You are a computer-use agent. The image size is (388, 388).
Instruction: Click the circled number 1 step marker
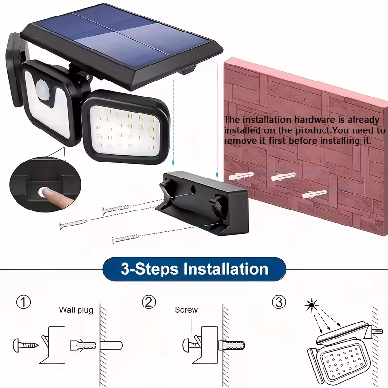pos(23,303)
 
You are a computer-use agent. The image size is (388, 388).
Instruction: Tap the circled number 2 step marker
pos(149,302)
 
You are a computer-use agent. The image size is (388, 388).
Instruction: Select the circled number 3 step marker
pos(278,302)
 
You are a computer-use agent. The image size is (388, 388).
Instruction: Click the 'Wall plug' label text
pos(76,310)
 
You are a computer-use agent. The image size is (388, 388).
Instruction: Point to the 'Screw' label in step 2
pos(186,310)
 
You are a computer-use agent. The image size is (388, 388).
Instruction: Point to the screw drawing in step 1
pos(26,345)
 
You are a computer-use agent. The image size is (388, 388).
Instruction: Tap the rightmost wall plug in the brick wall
pos(312,194)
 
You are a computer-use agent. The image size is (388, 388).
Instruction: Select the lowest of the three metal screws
pos(126,238)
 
